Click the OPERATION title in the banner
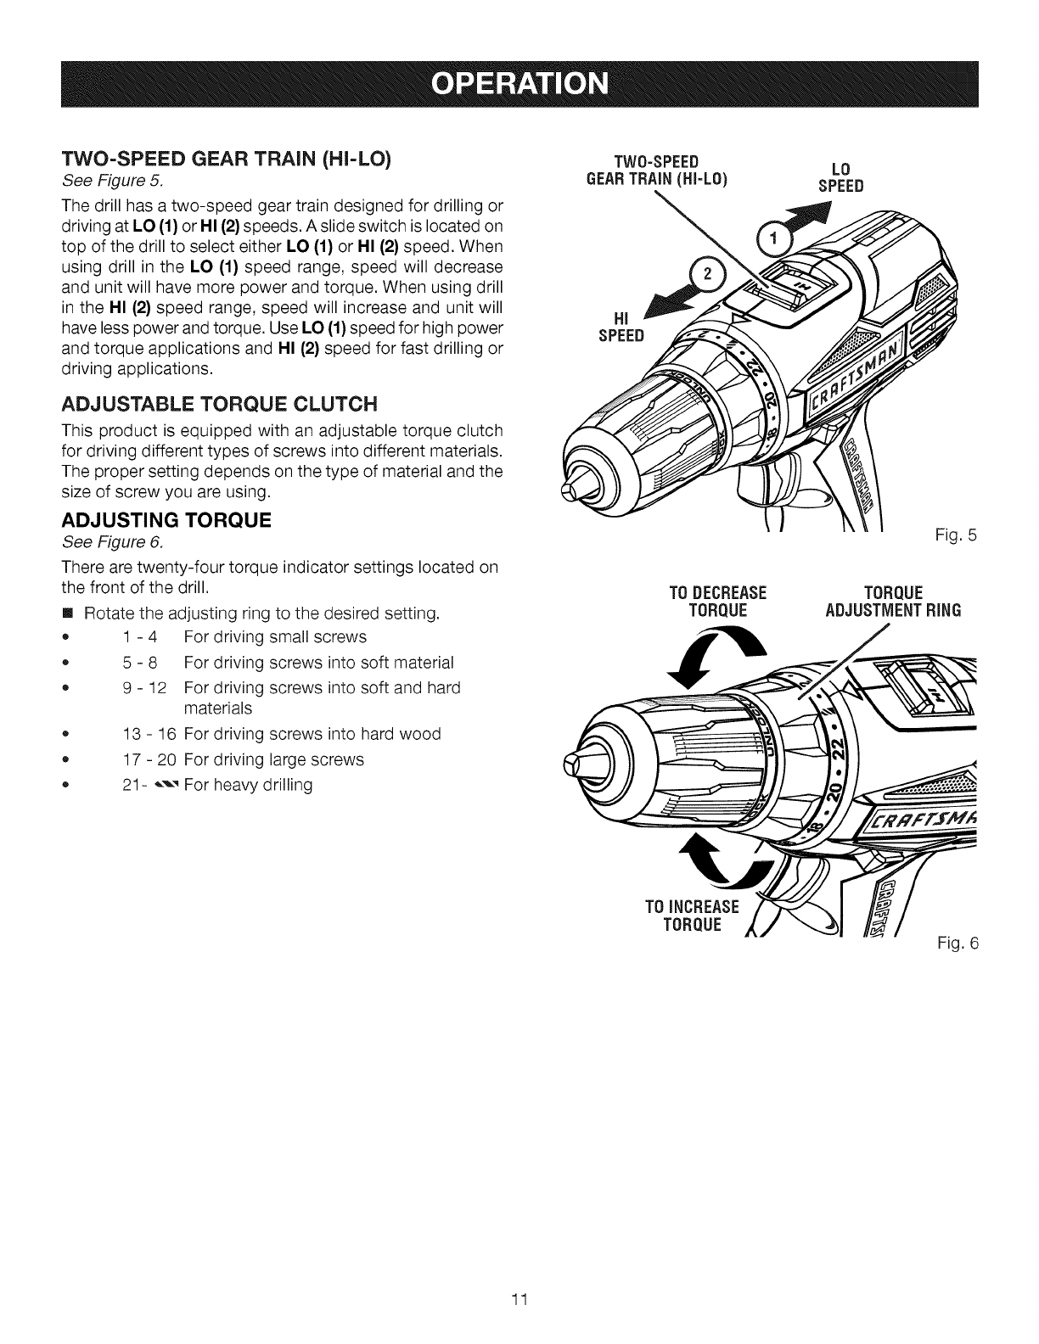(x=519, y=85)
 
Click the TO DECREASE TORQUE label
(x=718, y=601)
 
